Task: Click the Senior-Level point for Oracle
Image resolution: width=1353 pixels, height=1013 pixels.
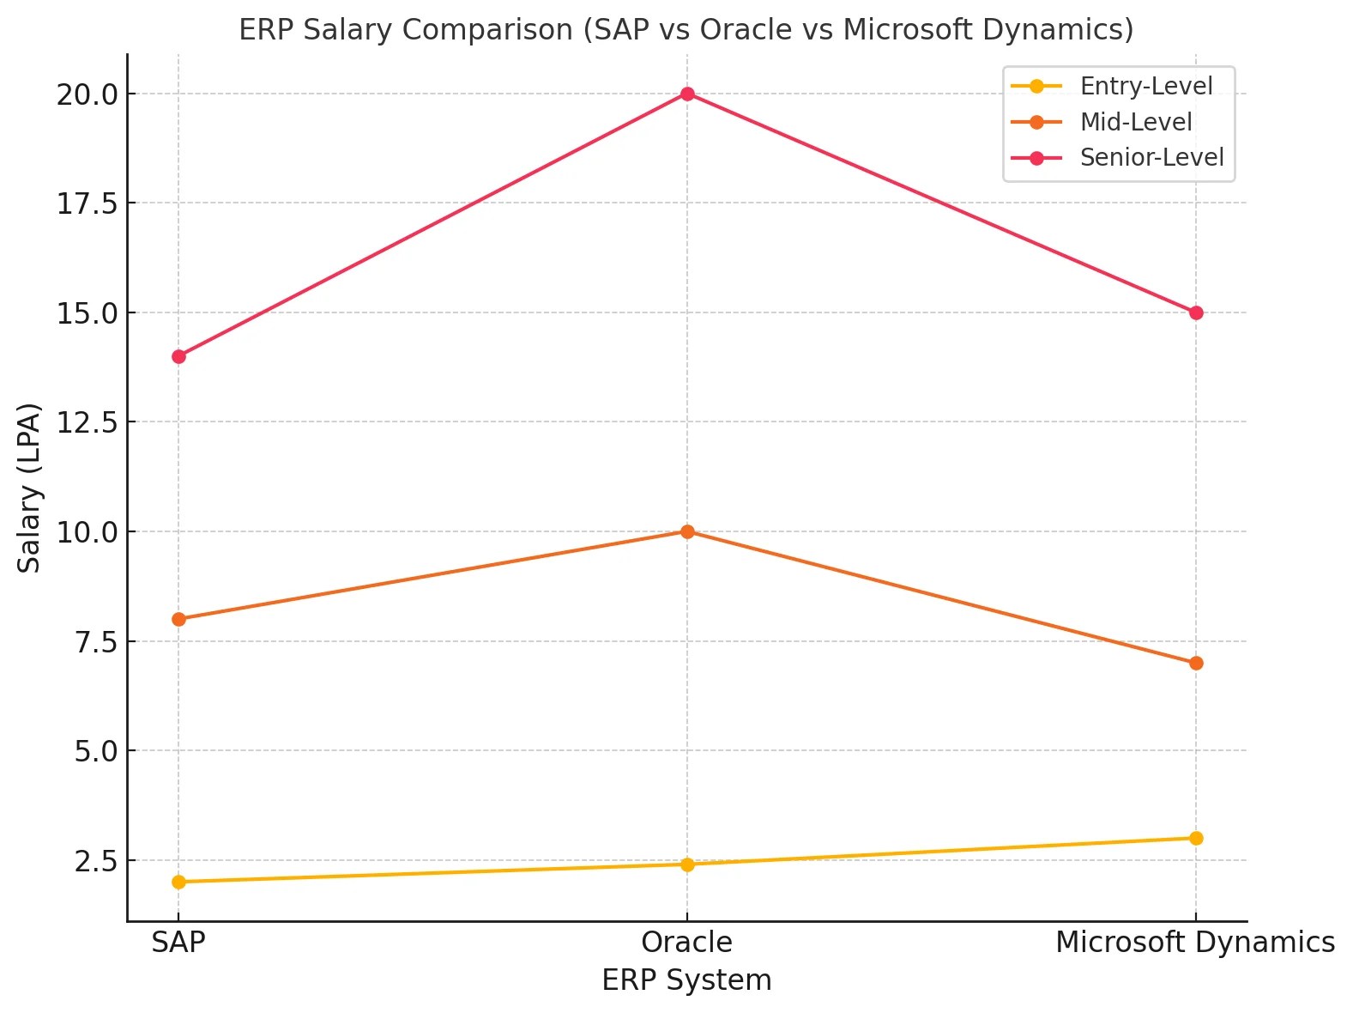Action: pos(687,94)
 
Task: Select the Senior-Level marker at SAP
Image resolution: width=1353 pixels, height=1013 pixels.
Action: pos(178,356)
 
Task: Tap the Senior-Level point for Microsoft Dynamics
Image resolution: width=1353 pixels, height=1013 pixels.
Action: pos(1196,312)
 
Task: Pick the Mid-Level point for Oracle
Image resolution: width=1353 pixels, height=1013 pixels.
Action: pos(687,531)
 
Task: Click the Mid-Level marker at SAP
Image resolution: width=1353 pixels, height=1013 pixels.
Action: pos(178,619)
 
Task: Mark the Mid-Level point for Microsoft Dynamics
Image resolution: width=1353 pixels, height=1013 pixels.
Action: pos(1196,663)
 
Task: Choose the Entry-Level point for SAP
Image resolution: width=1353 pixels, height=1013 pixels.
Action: pos(178,882)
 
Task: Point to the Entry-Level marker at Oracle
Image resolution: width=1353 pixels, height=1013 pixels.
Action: pos(687,864)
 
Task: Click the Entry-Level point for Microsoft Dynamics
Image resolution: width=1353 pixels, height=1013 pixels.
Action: pos(1196,838)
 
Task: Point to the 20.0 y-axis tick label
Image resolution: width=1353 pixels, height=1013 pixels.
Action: pos(87,94)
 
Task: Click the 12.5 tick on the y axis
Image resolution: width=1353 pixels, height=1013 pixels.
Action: pos(87,422)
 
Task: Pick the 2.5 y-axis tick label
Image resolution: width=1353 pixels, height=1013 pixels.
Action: pos(95,861)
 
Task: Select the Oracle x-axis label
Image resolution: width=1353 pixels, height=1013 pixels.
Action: pos(686,943)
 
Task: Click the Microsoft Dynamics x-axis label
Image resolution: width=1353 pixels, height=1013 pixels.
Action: pos(1194,943)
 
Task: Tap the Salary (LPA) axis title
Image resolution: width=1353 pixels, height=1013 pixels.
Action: pos(30,488)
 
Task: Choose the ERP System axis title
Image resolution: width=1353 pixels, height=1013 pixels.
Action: pos(686,980)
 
